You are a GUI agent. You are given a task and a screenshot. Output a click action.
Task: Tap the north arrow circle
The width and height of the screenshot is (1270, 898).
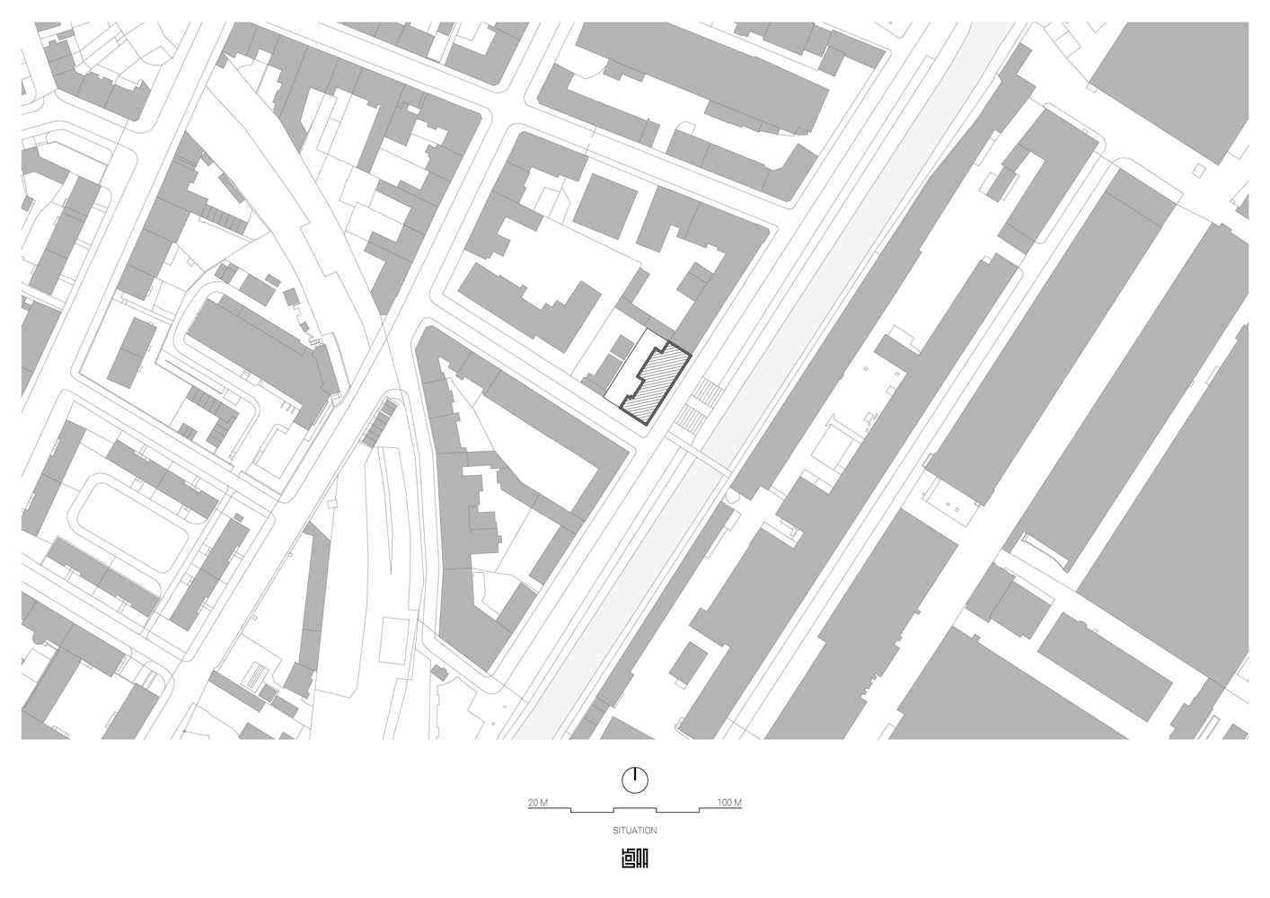point(634,779)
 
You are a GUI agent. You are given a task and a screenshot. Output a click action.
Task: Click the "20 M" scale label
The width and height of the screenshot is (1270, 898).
point(538,802)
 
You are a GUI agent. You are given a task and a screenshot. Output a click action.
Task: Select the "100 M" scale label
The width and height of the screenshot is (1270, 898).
point(729,802)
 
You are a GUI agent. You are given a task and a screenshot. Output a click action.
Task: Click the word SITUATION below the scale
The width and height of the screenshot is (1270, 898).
point(634,832)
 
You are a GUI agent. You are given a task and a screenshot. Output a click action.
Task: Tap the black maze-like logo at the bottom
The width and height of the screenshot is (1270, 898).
point(634,858)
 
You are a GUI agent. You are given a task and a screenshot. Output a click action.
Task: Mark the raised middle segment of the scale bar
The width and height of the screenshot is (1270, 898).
point(634,806)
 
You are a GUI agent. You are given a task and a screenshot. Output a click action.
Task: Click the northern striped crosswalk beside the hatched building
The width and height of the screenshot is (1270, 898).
point(710,392)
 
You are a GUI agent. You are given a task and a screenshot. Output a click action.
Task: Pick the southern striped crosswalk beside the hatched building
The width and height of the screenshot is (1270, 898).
point(692,418)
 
